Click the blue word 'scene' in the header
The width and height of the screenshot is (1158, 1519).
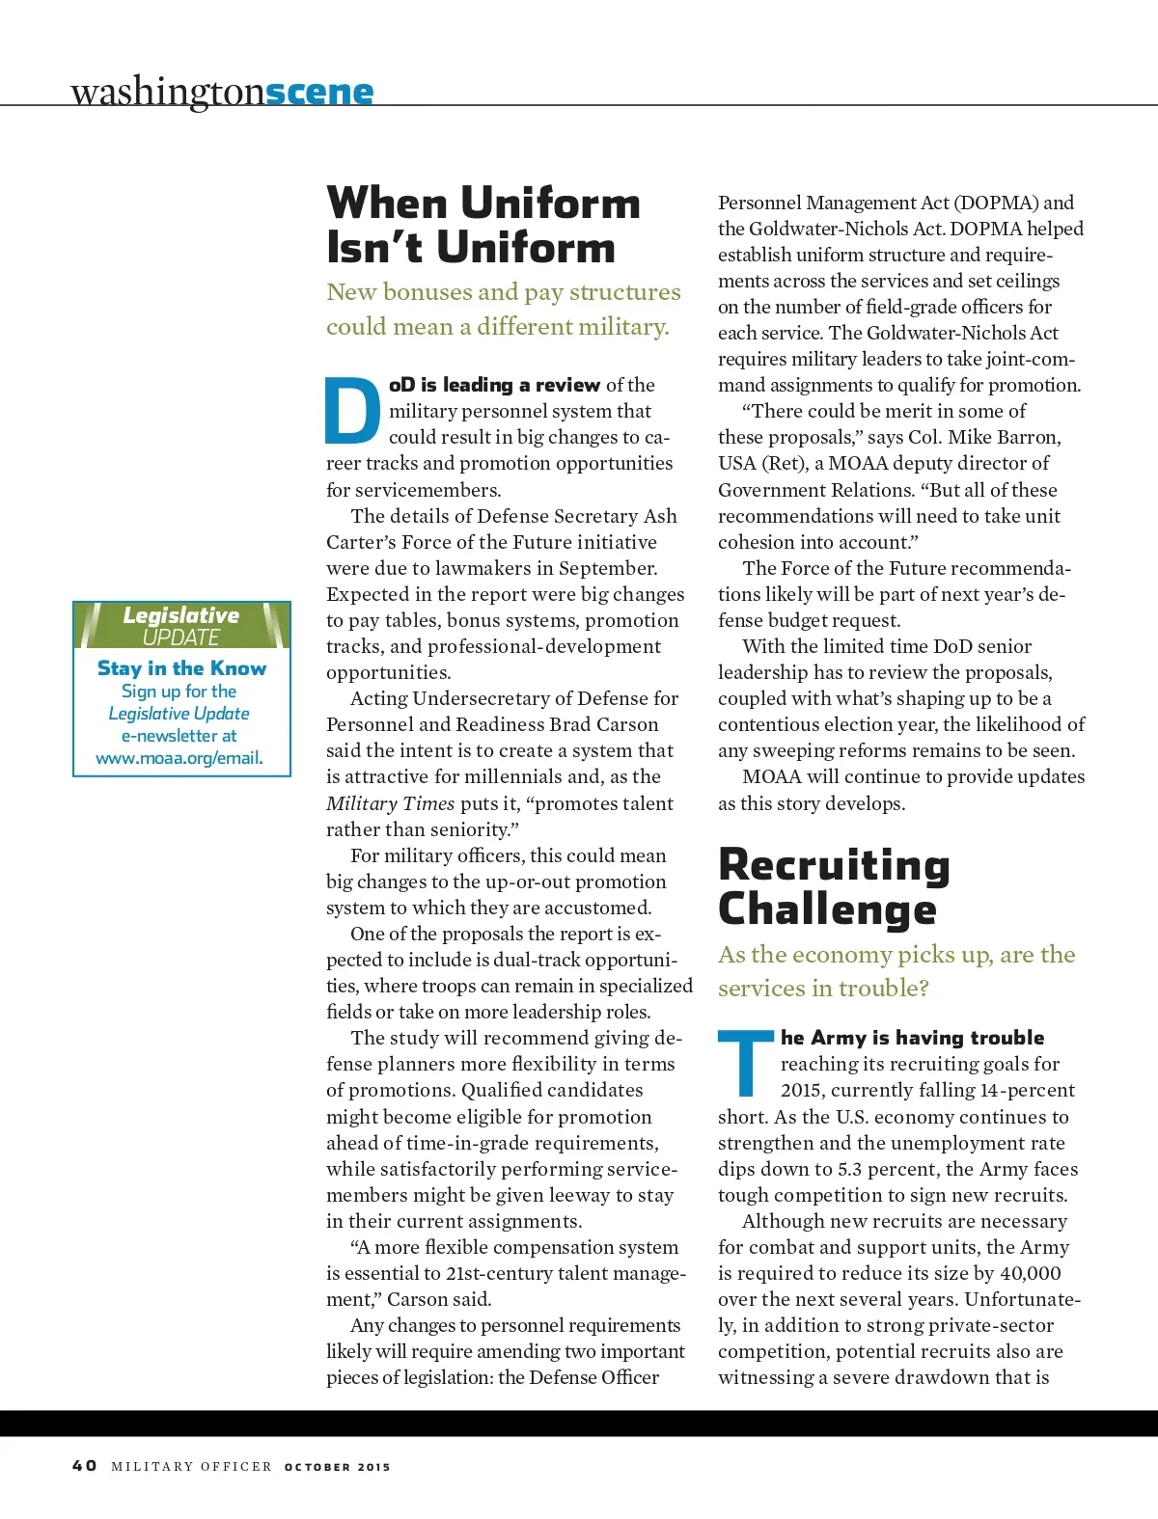click(x=319, y=92)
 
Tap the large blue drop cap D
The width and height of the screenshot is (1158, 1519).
click(x=352, y=409)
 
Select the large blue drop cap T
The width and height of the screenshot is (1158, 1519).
click(x=746, y=1063)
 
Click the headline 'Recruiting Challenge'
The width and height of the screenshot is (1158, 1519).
click(x=834, y=886)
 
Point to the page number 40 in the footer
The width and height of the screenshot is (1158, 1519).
click(x=85, y=1465)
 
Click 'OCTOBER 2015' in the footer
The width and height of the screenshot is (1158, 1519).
click(x=338, y=1467)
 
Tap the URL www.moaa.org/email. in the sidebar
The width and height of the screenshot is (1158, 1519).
click(x=179, y=758)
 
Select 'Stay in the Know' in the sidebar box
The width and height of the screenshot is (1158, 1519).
click(x=181, y=667)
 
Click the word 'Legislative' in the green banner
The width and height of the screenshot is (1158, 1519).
click(x=181, y=615)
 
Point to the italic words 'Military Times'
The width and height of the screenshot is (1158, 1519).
click(x=390, y=803)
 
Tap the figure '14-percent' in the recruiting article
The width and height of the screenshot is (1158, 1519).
click(x=1027, y=1090)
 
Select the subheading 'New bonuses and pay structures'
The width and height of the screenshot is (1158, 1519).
click(x=503, y=292)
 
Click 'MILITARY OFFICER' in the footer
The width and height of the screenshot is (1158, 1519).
click(x=191, y=1467)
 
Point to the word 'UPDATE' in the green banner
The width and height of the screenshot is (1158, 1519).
click(x=181, y=637)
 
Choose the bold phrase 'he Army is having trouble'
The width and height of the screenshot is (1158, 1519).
click(x=912, y=1038)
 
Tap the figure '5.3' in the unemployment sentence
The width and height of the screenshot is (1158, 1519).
click(x=849, y=1169)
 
